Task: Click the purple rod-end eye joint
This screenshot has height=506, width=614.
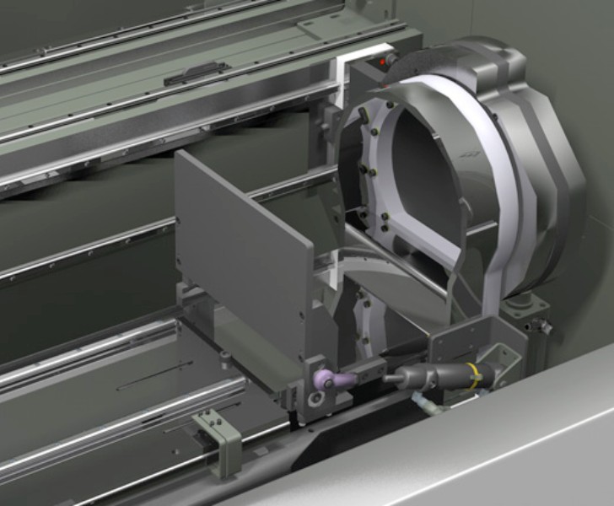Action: [324, 381]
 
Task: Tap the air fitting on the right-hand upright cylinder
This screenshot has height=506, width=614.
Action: [542, 326]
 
